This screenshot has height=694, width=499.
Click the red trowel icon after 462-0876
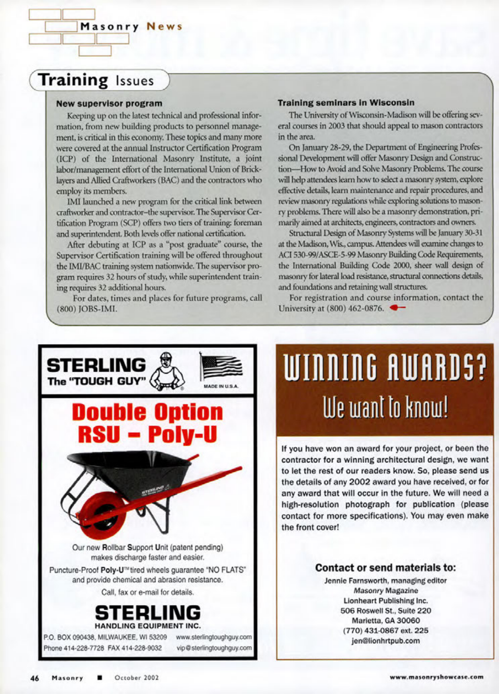click(x=397, y=308)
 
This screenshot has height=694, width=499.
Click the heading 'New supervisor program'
click(x=109, y=104)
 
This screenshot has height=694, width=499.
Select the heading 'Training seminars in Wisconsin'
click(x=346, y=103)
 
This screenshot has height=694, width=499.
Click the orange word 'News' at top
click(x=164, y=27)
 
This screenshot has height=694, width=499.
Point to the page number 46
click(x=35, y=678)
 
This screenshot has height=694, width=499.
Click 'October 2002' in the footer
click(x=137, y=678)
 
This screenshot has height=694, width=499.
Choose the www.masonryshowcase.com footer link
click(x=437, y=677)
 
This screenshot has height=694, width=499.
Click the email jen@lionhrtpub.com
click(x=386, y=641)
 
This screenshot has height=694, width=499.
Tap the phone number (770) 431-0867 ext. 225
click(x=386, y=630)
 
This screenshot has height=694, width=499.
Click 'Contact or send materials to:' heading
click(x=386, y=568)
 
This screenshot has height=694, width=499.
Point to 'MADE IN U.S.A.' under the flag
click(x=221, y=386)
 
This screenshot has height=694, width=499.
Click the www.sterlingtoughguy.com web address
click(x=214, y=637)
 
